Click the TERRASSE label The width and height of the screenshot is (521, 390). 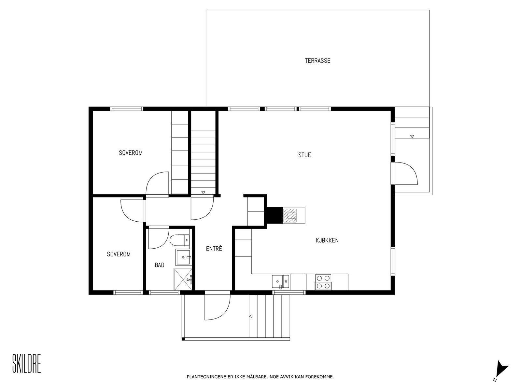(x=317, y=61)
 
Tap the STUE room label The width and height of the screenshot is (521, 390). (x=304, y=155)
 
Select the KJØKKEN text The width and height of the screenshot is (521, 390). (x=327, y=240)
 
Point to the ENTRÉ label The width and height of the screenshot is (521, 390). (x=214, y=249)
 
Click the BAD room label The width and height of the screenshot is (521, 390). (x=160, y=265)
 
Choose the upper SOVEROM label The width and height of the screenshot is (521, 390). (x=131, y=153)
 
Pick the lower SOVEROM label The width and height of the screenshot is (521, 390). (x=119, y=254)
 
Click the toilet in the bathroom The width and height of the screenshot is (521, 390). (x=180, y=240)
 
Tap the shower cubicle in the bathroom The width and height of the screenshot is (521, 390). (x=183, y=279)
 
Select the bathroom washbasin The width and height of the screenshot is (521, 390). (x=183, y=257)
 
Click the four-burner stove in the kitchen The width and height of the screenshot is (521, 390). (x=323, y=282)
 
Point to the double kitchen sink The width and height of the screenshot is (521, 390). (x=281, y=281)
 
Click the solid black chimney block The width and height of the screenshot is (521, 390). (x=275, y=215)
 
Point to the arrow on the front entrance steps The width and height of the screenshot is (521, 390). (x=251, y=316)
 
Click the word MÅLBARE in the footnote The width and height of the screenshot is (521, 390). (x=258, y=377)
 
